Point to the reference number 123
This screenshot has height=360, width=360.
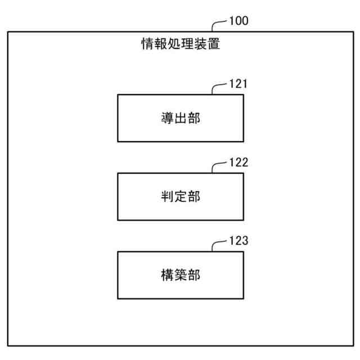coord(238,242)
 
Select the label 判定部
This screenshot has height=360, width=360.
coord(180,197)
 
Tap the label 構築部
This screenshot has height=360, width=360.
coord(180,276)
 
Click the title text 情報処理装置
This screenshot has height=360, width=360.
coord(180,44)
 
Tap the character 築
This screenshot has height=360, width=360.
coord(180,276)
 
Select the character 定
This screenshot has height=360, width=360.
coord(180,197)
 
